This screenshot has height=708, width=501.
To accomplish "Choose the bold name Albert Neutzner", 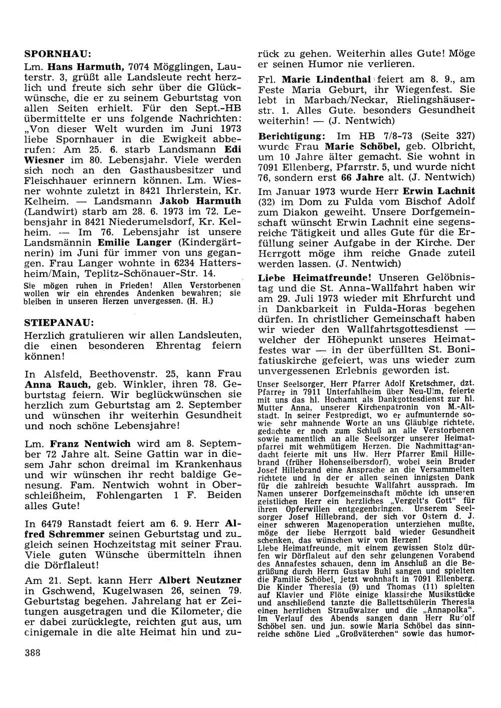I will click(x=200, y=580).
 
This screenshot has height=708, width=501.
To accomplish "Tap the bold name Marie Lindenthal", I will click(x=326, y=79).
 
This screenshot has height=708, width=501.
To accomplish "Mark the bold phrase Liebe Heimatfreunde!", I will click(x=315, y=277).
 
